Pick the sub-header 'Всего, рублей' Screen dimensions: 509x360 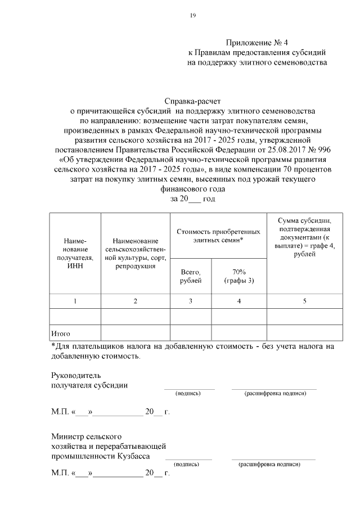[x=190, y=276]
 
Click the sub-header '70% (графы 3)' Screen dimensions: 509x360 [x=238, y=276]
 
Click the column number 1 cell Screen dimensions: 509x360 [x=75, y=301]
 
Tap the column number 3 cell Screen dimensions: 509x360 [x=190, y=301]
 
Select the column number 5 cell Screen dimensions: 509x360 [x=304, y=301]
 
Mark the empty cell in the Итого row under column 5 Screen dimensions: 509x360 [x=304, y=332]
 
